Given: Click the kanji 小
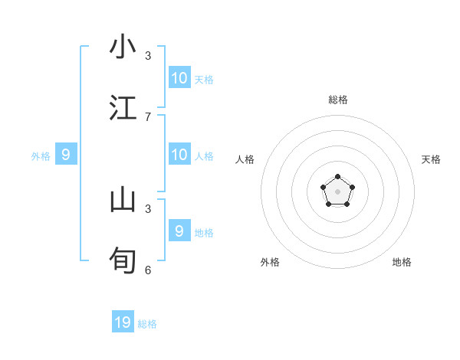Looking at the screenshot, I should tap(123, 47).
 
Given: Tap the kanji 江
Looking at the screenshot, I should tap(123, 107).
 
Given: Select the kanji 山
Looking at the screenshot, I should tap(123, 200).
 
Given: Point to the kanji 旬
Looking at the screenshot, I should tap(123, 260).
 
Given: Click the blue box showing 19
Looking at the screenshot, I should tap(123, 322).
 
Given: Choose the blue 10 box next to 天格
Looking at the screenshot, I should tap(179, 78).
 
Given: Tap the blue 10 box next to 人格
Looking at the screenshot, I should tap(179, 155).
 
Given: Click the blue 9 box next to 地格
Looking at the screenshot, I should tap(179, 231).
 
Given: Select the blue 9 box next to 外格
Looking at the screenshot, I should tap(66, 155).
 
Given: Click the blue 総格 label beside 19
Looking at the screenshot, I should tap(147, 324).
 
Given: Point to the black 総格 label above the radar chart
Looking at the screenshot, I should tap(337, 100).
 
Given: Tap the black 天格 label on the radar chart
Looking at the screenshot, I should tap(431, 159).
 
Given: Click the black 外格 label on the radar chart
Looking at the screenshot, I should tap(270, 262).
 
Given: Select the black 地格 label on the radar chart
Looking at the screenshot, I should tap(402, 262).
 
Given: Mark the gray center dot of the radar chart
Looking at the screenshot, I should tap(337, 191).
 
